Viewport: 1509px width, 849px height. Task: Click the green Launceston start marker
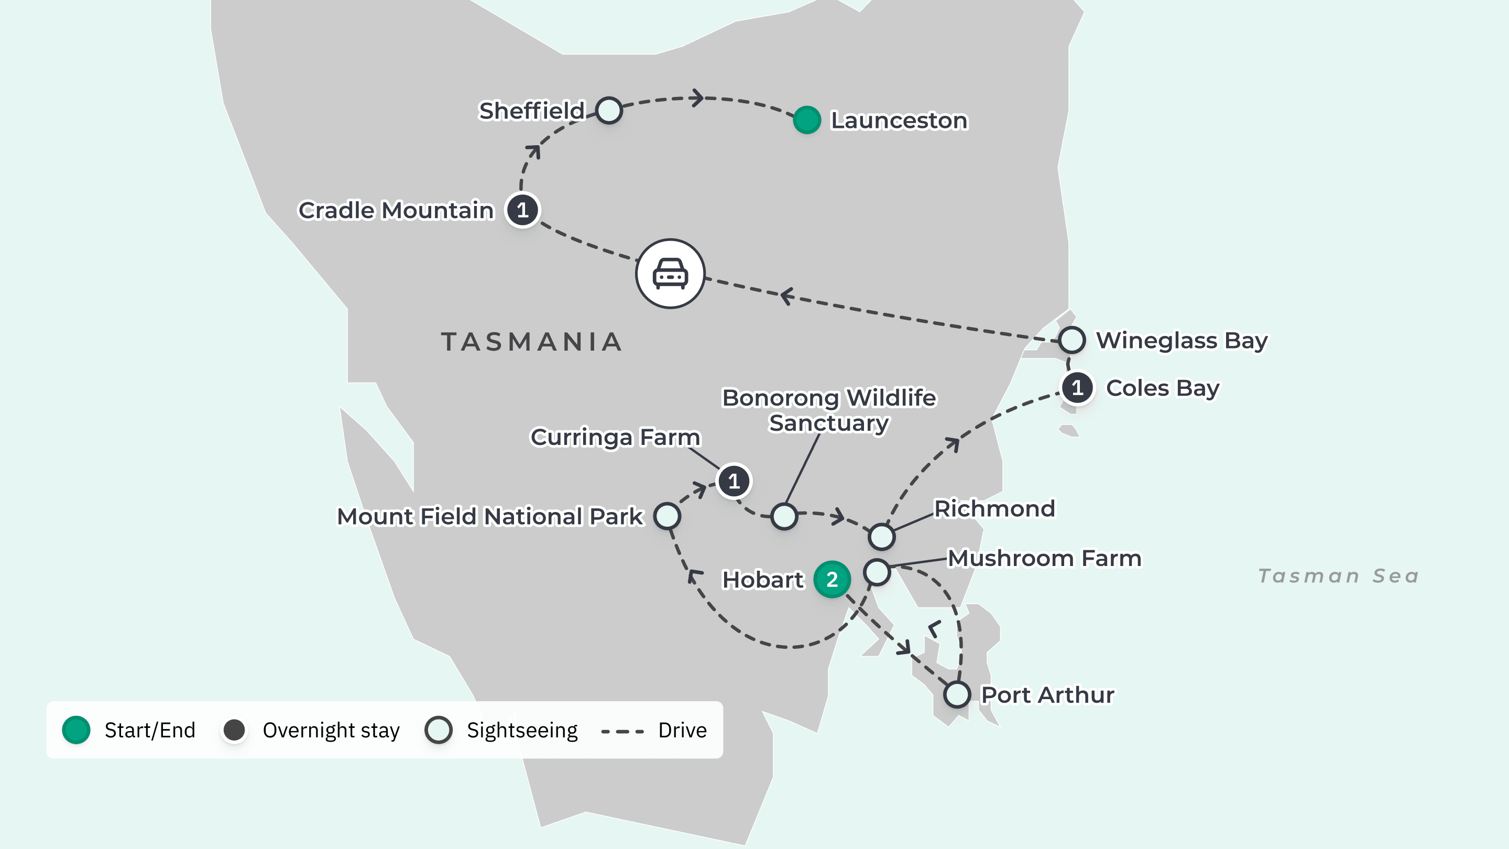pos(807,120)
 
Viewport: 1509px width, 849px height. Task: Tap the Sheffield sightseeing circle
pos(609,110)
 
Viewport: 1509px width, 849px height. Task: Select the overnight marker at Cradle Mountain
pos(522,210)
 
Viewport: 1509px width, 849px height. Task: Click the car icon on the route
pos(670,274)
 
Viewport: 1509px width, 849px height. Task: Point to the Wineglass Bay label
pos(1181,341)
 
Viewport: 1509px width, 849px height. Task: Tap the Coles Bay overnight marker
pos(1077,388)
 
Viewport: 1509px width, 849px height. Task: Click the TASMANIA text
pos(531,342)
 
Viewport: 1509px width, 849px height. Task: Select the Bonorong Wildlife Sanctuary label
pos(829,409)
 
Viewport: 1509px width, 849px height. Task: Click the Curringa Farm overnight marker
pos(734,481)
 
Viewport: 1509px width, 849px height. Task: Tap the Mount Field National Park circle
pos(667,516)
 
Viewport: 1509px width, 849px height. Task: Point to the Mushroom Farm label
pos(1044,558)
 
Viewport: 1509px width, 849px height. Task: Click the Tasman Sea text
pos(1339,576)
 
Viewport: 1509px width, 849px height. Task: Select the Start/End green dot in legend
pos(76,730)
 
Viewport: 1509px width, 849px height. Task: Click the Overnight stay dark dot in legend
pos(234,730)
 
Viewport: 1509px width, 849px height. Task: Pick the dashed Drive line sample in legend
pos(622,731)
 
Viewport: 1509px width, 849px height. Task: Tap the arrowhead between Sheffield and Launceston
pos(697,98)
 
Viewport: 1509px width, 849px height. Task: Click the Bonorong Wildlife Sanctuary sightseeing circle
pos(784,516)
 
